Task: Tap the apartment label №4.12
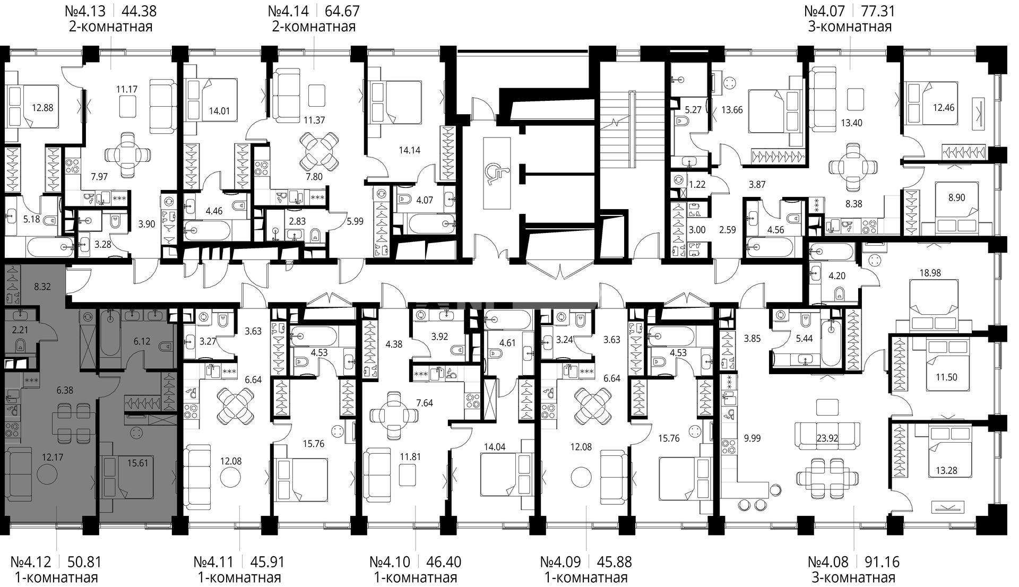pyautogui.click(x=33, y=562)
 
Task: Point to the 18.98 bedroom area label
pyautogui.click(x=929, y=273)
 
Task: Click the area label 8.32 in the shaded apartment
pyautogui.click(x=42, y=287)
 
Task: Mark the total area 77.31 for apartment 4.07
pyautogui.click(x=876, y=11)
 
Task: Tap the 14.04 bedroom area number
pyautogui.click(x=494, y=447)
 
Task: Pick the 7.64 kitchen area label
pyautogui.click(x=425, y=403)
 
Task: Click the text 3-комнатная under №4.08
pyautogui.click(x=853, y=577)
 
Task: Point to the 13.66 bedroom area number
pyautogui.click(x=731, y=110)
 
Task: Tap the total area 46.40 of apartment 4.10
pyautogui.click(x=443, y=562)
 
